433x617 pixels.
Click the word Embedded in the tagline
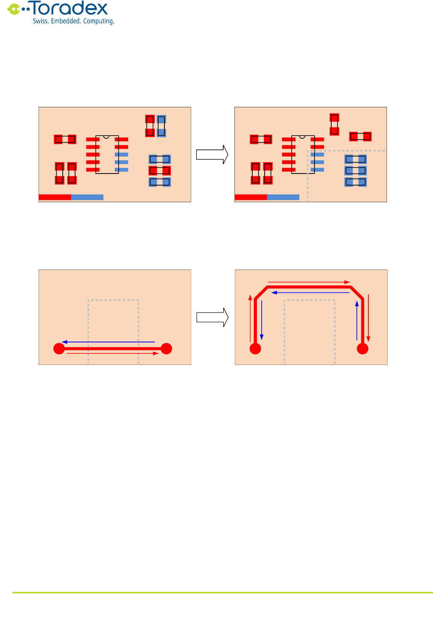pos(65,21)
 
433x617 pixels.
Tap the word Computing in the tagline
pos(99,21)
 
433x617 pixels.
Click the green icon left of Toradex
pos(14,9)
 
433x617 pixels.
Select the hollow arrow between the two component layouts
pos(212,155)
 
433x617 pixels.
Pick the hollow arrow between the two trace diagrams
pos(212,317)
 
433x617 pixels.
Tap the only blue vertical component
pos(161,126)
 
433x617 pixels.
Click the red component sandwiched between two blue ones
pos(160,170)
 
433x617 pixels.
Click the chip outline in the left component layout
pos(107,155)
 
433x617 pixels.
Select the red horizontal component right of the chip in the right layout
pos(360,136)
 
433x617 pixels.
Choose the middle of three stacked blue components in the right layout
pos(356,170)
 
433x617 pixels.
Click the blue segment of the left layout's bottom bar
pos(87,197)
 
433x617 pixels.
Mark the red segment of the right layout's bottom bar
pos(251,197)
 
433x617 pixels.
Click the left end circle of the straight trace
pos(59,349)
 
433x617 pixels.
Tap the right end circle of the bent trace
pos(363,349)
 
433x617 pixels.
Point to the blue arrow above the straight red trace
pos(108,342)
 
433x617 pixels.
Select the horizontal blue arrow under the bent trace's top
pos(311,293)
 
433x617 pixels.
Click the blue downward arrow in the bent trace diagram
pos(262,320)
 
